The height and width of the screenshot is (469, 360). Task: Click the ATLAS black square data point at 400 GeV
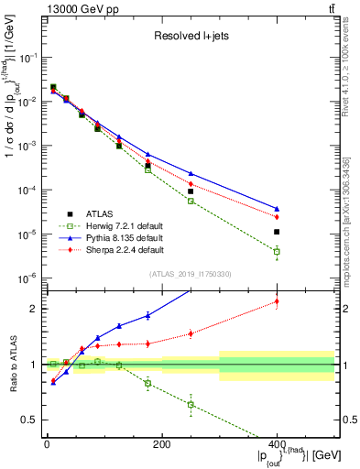[x=277, y=232]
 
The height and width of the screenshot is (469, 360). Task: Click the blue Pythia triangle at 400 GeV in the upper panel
[x=277, y=209]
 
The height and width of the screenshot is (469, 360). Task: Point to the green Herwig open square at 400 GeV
[x=277, y=251]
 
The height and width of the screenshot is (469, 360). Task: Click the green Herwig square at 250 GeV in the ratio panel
[x=191, y=404]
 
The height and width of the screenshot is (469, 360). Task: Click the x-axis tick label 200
[x=161, y=444]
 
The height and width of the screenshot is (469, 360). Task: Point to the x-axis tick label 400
[x=277, y=444]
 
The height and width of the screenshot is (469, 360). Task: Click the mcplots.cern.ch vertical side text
[x=352, y=183]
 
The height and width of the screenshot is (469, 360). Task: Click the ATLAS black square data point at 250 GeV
[x=191, y=191]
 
